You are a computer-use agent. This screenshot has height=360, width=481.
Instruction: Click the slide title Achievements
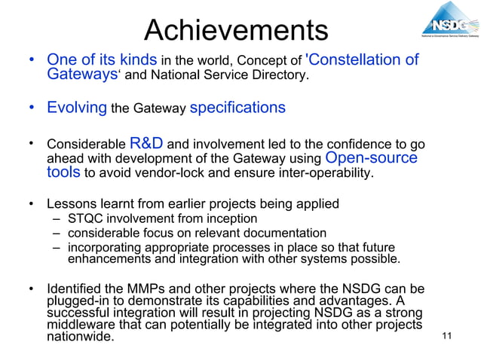tap(235, 29)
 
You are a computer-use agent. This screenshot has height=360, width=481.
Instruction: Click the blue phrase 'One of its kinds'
tap(102, 59)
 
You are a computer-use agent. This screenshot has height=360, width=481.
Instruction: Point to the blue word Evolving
tap(77, 108)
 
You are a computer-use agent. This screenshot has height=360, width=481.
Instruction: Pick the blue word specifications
tap(237, 108)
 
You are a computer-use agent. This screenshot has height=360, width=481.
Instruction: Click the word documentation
tap(279, 233)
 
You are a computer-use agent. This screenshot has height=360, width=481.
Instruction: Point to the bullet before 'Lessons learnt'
tap(32, 204)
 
